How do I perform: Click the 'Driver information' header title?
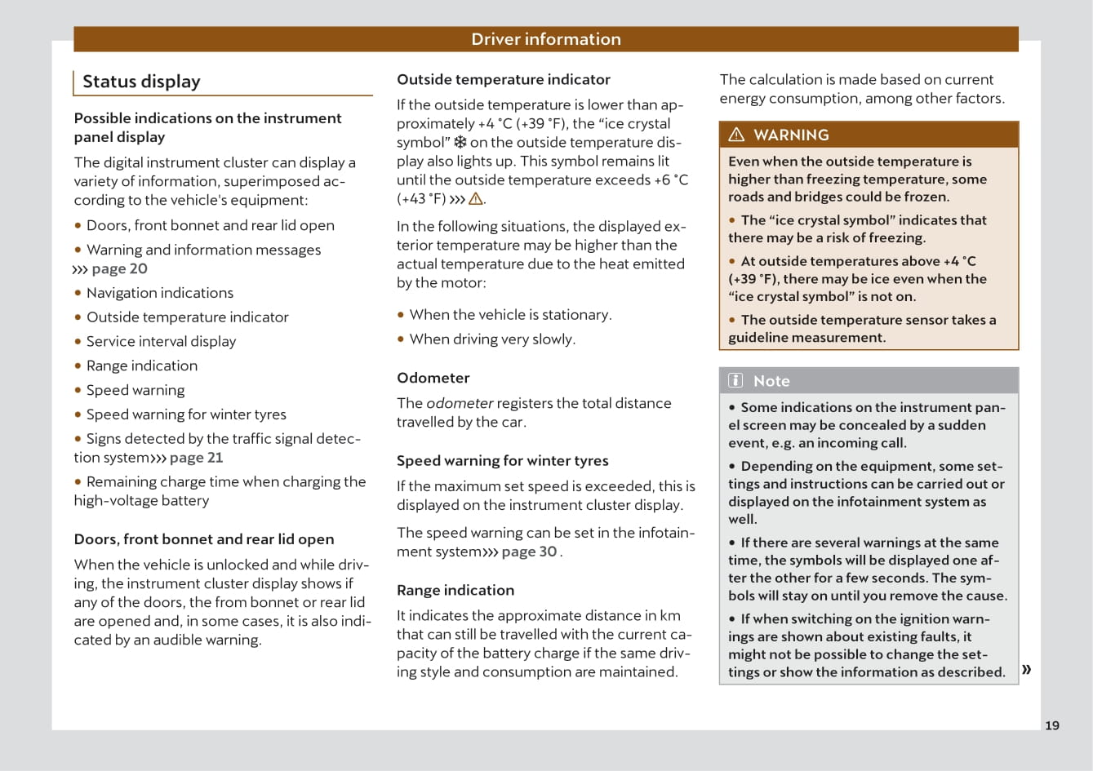545,39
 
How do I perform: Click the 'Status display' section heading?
141,82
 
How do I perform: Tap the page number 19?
1052,725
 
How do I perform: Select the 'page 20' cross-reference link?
119,268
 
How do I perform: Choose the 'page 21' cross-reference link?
196,458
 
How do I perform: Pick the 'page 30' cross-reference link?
529,552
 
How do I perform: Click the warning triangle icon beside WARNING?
736,135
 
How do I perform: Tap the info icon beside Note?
735,380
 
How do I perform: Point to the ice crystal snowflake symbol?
460,142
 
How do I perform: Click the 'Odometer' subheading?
433,378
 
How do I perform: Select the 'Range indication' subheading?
455,590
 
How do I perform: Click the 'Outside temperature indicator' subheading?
503,79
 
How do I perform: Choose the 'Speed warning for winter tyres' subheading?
502,460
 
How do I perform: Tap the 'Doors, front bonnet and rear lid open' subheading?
203,538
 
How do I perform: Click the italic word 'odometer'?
460,403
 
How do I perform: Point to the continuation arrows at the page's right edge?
1026,670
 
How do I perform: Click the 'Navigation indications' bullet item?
159,293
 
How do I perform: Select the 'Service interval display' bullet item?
161,341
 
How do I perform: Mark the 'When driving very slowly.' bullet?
491,339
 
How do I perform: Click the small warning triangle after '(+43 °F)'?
475,199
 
